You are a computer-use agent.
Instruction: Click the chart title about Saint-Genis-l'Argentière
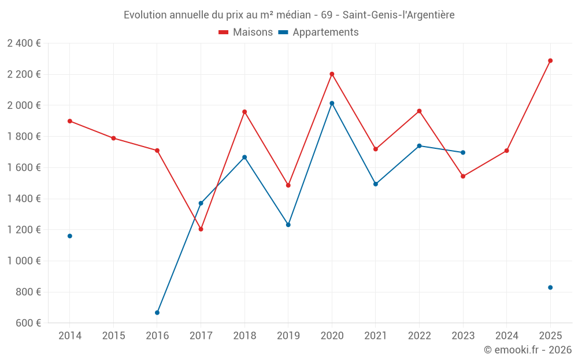pyautogui.click(x=289, y=14)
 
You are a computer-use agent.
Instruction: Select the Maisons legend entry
pyautogui.click(x=246, y=32)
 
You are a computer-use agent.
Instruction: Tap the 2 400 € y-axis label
pyautogui.click(x=24, y=43)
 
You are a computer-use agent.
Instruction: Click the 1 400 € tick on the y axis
pyautogui.click(x=24, y=199)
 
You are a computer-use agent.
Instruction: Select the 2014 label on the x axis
pyautogui.click(x=70, y=336)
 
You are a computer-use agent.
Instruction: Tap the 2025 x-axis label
pyautogui.click(x=550, y=336)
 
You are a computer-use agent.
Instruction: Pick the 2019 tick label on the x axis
pyautogui.click(x=288, y=336)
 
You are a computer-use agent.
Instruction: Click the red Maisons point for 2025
pyautogui.click(x=550, y=61)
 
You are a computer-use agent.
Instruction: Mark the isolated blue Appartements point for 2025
pyautogui.click(x=550, y=287)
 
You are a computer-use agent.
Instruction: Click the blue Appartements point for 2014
pyautogui.click(x=70, y=236)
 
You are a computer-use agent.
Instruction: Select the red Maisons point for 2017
pyautogui.click(x=201, y=229)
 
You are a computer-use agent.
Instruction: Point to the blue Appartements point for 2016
pyautogui.click(x=157, y=313)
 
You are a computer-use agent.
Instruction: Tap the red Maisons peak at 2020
pyautogui.click(x=332, y=74)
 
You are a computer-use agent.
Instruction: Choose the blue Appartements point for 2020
pyautogui.click(x=332, y=103)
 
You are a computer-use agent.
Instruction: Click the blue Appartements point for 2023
pyautogui.click(x=463, y=152)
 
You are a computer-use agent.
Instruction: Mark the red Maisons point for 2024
pyautogui.click(x=506, y=151)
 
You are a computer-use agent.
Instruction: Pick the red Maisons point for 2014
pyautogui.click(x=70, y=121)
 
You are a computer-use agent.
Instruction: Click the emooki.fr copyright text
pyautogui.click(x=528, y=350)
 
